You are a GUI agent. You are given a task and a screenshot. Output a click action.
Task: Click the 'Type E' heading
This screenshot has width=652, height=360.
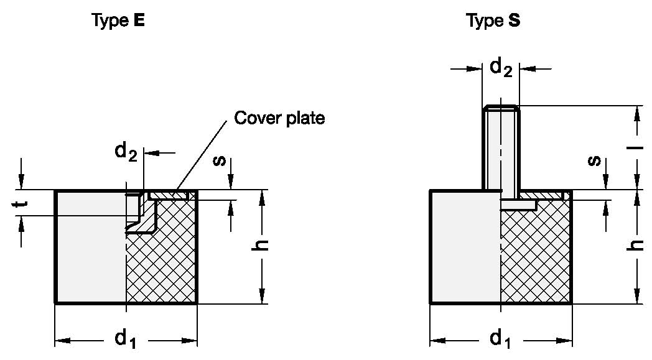(x=118, y=21)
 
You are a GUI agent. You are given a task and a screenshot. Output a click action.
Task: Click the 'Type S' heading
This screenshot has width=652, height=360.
(x=493, y=21)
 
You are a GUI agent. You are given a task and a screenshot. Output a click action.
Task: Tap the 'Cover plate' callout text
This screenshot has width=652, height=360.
(x=279, y=118)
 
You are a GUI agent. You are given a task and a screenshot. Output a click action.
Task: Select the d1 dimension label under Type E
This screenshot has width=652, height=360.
(x=124, y=339)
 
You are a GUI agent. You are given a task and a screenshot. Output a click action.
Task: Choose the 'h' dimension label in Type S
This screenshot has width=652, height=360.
(x=637, y=245)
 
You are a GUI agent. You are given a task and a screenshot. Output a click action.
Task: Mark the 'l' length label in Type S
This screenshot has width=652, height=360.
(x=637, y=149)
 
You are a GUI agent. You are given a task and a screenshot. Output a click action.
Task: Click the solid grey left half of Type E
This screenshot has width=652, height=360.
(x=90, y=249)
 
